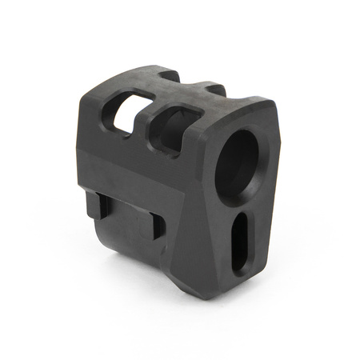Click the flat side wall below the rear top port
pos(120,160)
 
